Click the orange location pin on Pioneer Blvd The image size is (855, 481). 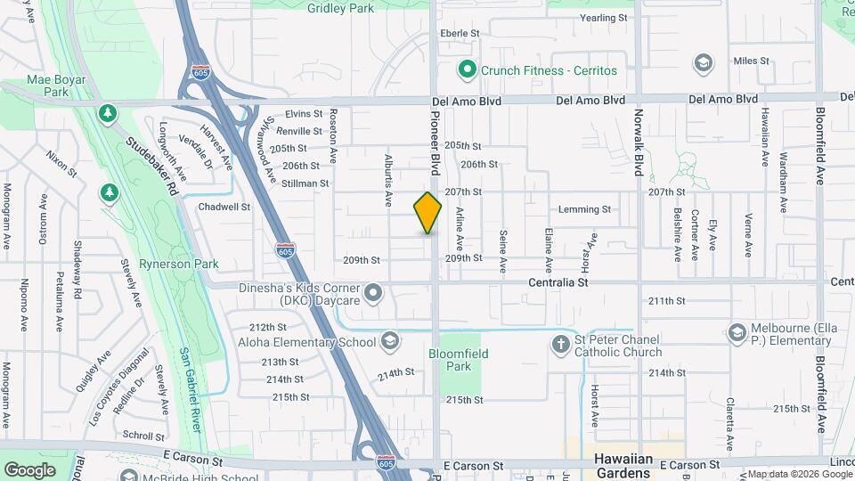427,213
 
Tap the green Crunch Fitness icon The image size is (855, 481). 466,69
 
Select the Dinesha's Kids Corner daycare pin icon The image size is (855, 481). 373,292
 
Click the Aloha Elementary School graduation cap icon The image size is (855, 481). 389,341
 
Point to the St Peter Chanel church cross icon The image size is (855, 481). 561,342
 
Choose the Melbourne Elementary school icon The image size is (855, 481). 736,333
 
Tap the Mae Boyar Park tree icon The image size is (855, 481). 107,113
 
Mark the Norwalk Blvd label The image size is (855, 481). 639,143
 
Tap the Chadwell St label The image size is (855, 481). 224,207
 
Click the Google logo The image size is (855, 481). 29,469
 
